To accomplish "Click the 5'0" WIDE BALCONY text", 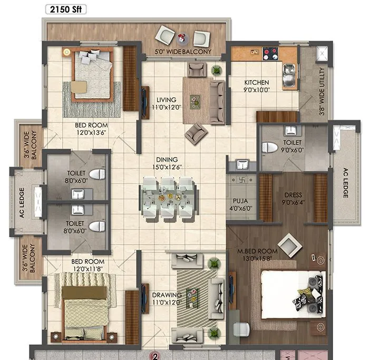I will click(183, 52).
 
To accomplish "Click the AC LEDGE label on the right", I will click(345, 183).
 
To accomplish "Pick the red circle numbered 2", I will click(156, 355).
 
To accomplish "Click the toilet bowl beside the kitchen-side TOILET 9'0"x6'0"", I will click(269, 148).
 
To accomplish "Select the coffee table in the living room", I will click(195, 99).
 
